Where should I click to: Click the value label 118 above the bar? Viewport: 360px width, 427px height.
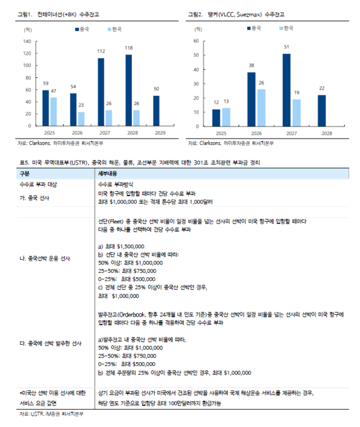pos(128,48)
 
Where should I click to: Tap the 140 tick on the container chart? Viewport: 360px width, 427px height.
pos(26,42)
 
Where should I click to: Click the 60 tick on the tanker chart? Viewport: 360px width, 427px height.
pos(195,41)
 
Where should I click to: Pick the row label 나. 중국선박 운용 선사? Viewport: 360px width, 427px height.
pos(46,258)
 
